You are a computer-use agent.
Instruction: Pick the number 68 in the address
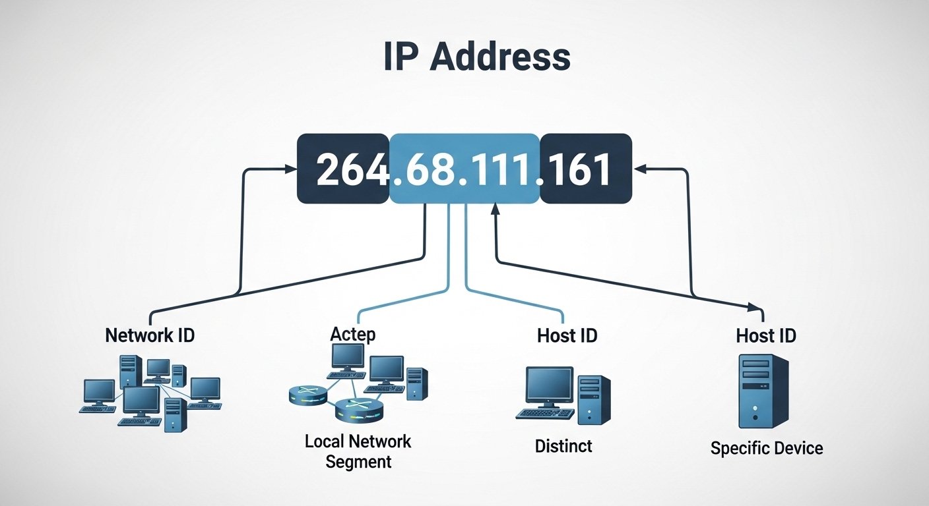click(x=428, y=170)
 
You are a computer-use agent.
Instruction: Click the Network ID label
click(x=150, y=335)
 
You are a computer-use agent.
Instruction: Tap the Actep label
click(x=352, y=334)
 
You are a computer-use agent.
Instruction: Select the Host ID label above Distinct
click(x=567, y=335)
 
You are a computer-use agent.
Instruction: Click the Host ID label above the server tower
click(x=766, y=336)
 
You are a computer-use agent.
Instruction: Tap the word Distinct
click(x=563, y=446)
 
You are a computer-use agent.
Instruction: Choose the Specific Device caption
click(x=767, y=449)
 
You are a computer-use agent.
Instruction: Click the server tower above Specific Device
click(x=763, y=391)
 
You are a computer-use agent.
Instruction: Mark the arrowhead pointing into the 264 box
click(x=292, y=169)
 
